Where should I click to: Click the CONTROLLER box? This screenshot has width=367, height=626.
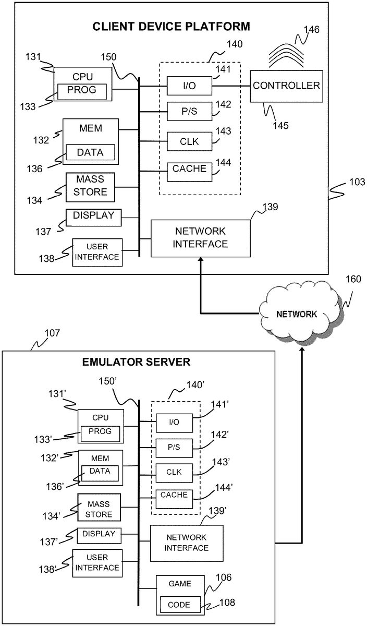coord(286,86)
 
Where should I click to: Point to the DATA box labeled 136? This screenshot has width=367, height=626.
coord(90,152)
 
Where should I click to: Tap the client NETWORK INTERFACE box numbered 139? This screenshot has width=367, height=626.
coord(201,238)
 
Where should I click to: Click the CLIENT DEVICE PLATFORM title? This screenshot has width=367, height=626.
coord(172,27)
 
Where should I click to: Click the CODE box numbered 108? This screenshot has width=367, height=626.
coord(179,605)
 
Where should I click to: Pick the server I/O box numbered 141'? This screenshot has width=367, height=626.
coord(174,422)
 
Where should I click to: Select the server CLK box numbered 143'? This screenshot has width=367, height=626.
coord(174,472)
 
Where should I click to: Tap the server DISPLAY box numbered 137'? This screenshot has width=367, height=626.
coord(99,535)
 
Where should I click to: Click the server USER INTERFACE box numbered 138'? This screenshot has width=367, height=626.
coord(97,562)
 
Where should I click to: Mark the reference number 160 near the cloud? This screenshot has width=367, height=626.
coord(352,280)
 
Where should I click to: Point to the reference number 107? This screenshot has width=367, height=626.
coord(53,332)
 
